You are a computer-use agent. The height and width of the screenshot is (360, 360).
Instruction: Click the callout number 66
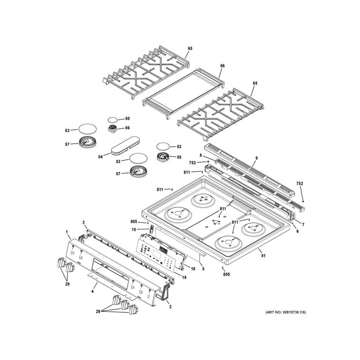[222, 66]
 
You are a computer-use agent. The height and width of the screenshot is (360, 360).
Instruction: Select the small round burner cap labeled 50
[113, 119]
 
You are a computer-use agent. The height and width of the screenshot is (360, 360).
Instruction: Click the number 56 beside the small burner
[127, 128]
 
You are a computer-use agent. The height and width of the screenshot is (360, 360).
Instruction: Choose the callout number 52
[179, 146]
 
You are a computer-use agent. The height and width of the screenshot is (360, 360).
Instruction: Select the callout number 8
[201, 155]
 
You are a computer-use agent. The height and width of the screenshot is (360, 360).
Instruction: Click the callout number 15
[134, 230]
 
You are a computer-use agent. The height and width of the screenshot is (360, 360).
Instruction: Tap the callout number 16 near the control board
[193, 269]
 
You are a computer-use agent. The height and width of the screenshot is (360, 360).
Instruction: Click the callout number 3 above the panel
[83, 223]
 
